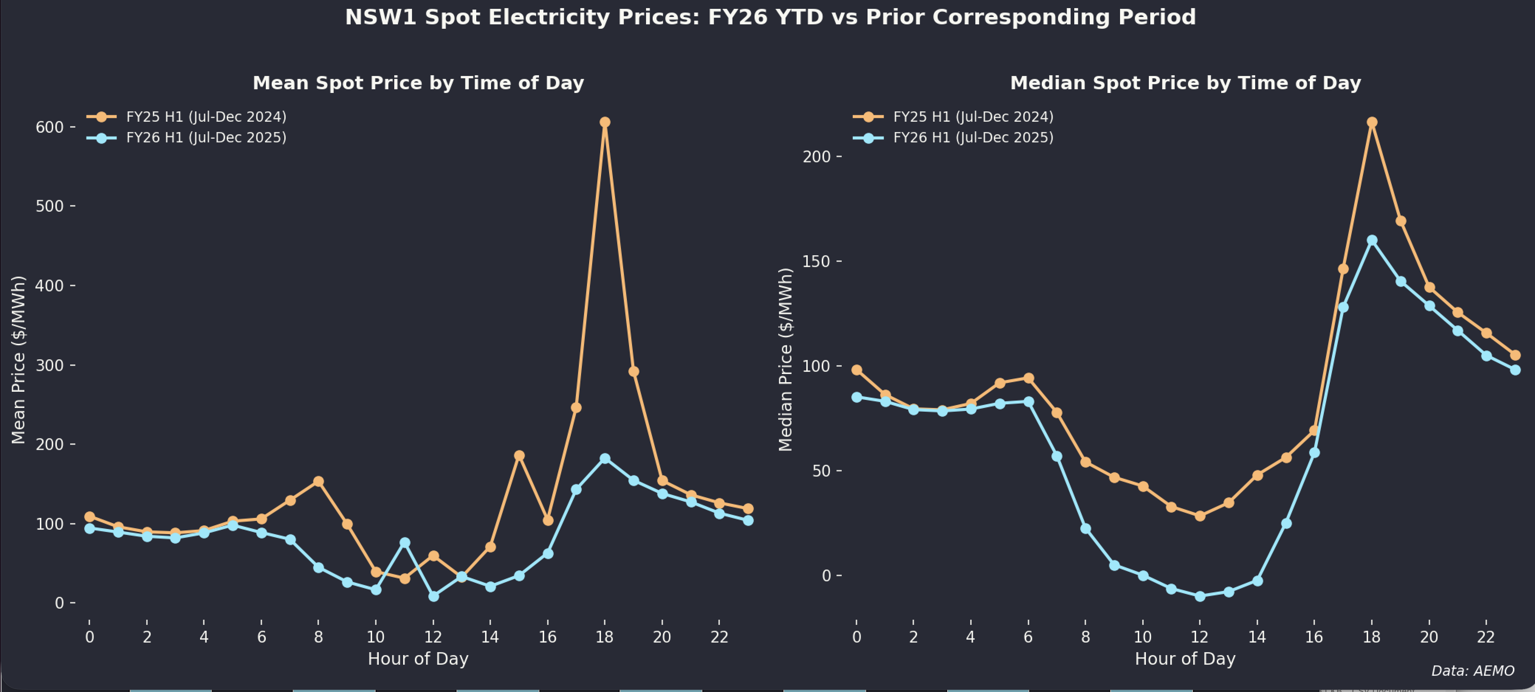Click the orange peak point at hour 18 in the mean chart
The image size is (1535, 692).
click(605, 122)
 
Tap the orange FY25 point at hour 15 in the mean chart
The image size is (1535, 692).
click(519, 456)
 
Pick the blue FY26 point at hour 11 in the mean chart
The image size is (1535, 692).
click(405, 543)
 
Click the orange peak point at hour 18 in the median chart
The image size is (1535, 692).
click(1372, 122)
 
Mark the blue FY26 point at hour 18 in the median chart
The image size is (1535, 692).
click(1372, 241)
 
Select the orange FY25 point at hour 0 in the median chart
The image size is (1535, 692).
click(857, 370)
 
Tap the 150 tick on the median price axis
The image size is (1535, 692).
click(816, 262)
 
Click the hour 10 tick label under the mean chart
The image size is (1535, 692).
click(375, 637)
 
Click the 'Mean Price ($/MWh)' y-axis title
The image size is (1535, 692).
click(18, 360)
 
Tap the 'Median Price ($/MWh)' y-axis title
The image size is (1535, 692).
click(785, 360)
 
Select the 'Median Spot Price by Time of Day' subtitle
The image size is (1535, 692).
click(1185, 83)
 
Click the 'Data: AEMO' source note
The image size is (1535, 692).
click(1473, 671)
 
